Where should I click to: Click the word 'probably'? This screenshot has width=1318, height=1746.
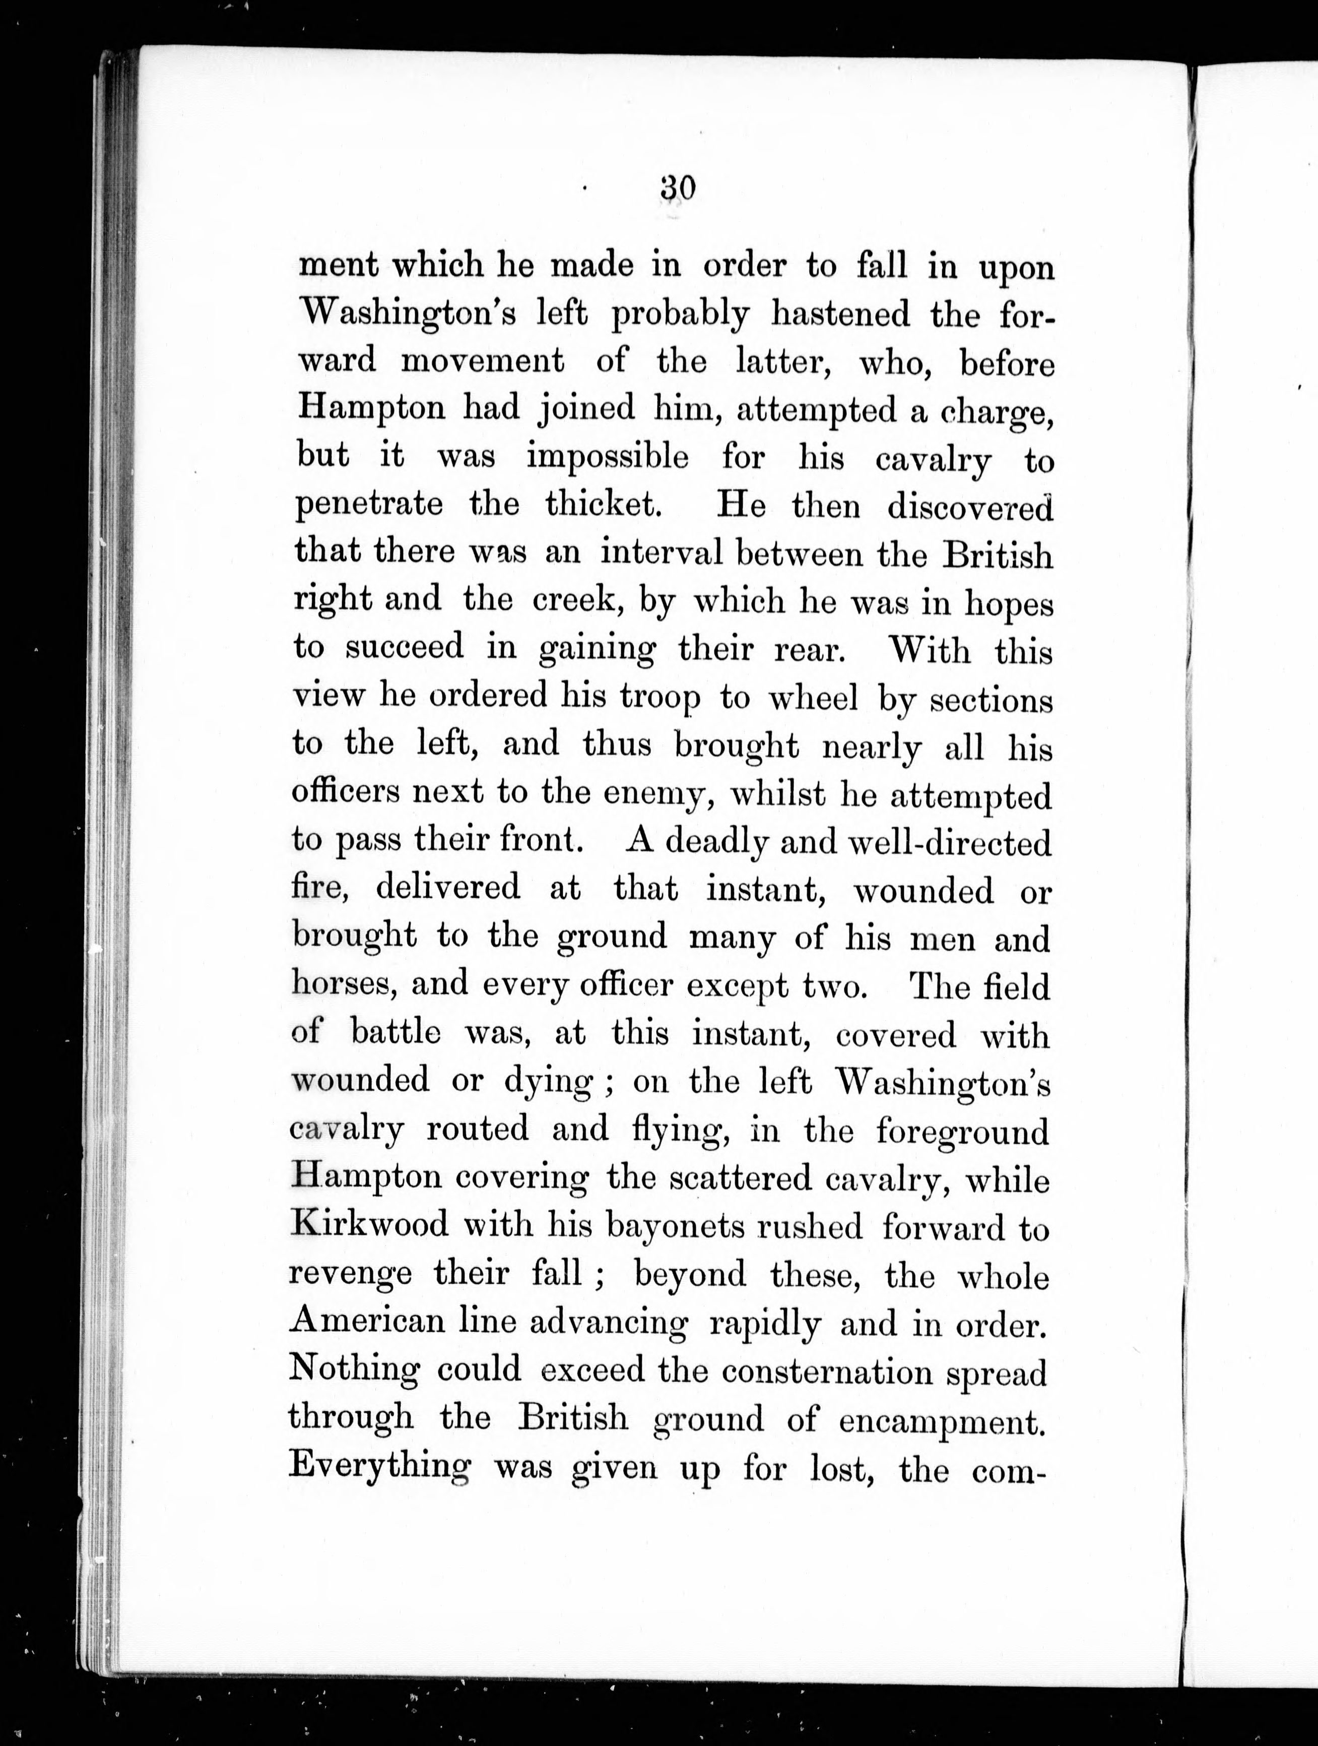[x=680, y=316]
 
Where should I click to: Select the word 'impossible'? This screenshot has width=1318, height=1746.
[x=607, y=458]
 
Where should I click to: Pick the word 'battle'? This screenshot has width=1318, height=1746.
[x=396, y=1032]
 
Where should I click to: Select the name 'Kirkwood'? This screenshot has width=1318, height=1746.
[x=369, y=1224]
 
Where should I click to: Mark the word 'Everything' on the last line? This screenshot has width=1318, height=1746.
[x=379, y=1465]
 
